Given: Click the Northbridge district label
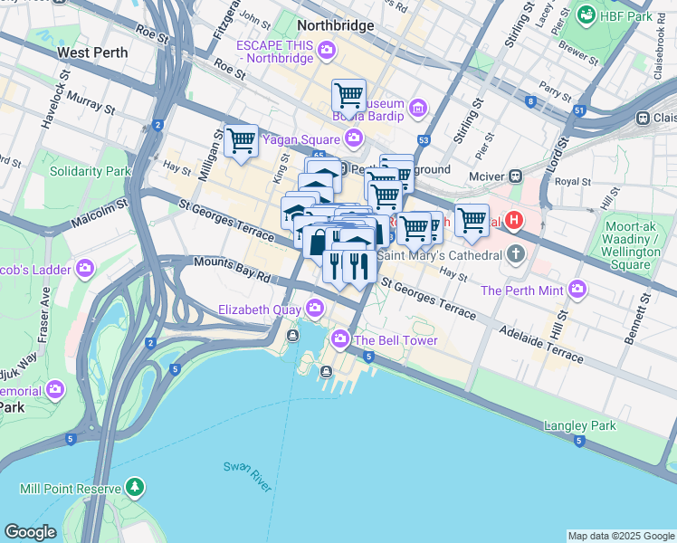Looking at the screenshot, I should (x=335, y=25).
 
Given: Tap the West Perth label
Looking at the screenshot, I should (x=91, y=52).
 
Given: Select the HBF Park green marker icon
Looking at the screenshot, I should (x=587, y=15).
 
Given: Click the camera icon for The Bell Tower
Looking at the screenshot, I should (x=341, y=340).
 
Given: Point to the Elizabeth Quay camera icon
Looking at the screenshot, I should (x=315, y=310).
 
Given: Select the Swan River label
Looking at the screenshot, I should (x=248, y=476).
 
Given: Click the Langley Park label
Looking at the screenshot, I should (x=579, y=425).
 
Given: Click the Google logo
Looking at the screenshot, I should (x=31, y=532).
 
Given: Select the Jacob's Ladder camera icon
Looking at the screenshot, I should (x=86, y=268).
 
